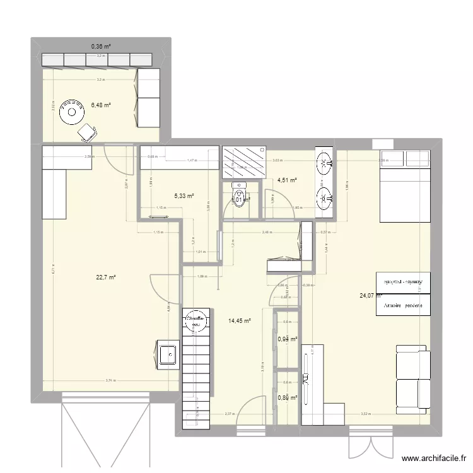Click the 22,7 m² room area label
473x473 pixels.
pyautogui.click(x=106, y=276)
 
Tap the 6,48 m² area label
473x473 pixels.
pyautogui.click(x=101, y=105)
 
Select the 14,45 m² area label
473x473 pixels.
pyautogui.click(x=240, y=321)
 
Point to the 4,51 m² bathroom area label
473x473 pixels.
pyautogui.click(x=286, y=180)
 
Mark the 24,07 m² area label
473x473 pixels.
pyautogui.click(x=371, y=295)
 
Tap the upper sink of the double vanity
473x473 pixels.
pyautogui.click(x=325, y=163)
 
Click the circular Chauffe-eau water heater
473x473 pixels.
pyautogui.click(x=196, y=321)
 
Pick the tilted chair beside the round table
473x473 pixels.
pyautogui.click(x=86, y=132)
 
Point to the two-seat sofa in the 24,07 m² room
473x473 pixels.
pyautogui.click(x=413, y=379)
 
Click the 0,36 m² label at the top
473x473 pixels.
pyautogui.click(x=101, y=46)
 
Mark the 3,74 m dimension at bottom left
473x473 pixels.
pyautogui.click(x=111, y=380)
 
